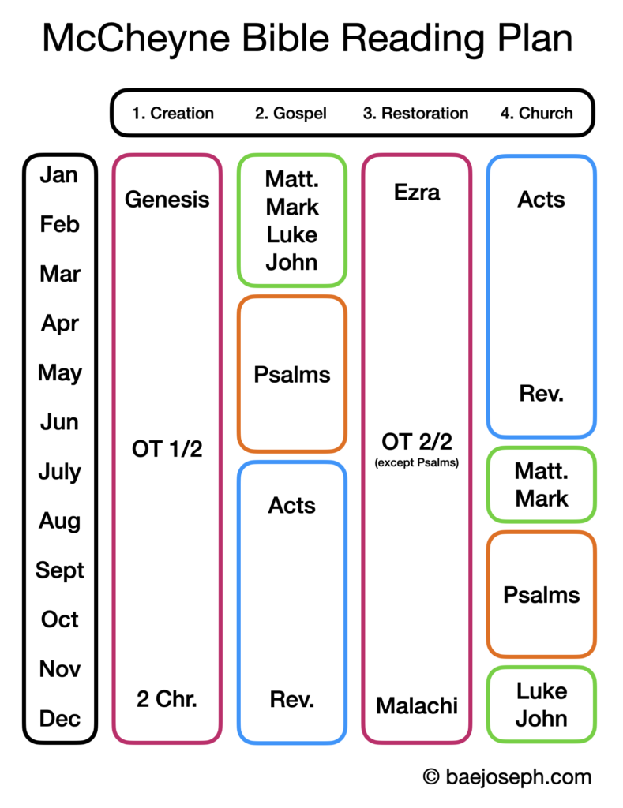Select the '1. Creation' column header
point(173,113)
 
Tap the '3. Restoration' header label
point(415,113)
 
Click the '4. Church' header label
point(537,113)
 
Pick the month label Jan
point(59,175)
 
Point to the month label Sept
point(60,570)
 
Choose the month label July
point(60,472)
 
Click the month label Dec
point(60,718)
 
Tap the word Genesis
point(167,200)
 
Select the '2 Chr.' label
point(167,699)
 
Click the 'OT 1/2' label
point(167,450)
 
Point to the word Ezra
point(417,193)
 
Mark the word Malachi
point(417,705)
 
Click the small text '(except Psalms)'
point(417,463)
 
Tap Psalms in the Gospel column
point(292,374)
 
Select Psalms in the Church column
point(542,594)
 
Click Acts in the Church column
point(542,200)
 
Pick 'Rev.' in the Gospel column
point(292,699)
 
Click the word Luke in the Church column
point(542,691)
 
